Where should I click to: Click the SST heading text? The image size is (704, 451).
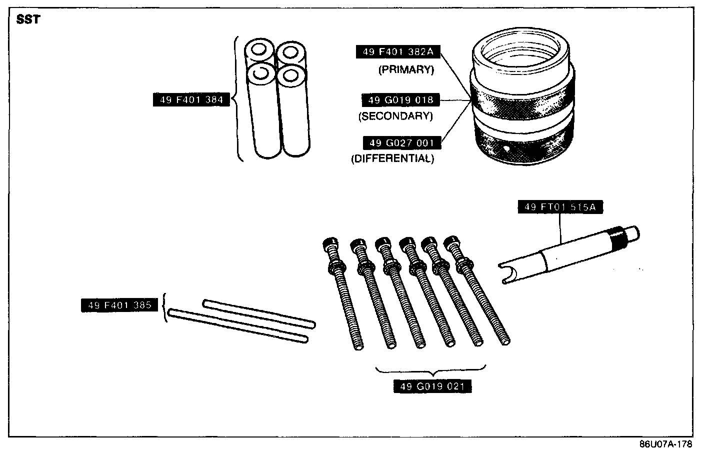pyautogui.click(x=28, y=20)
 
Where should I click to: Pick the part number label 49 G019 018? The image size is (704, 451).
pyautogui.click(x=400, y=100)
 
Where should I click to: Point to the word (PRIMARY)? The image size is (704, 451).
pyautogui.click(x=405, y=69)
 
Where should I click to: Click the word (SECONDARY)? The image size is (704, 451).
pyautogui.click(x=395, y=116)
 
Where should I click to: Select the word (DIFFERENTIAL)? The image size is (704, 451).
pyautogui.click(x=392, y=159)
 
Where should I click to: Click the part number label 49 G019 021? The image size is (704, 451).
pyautogui.click(x=432, y=386)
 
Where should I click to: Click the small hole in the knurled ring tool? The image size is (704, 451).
pyautogui.click(x=507, y=148)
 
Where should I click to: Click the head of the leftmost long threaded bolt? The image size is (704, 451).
pyautogui.click(x=329, y=244)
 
